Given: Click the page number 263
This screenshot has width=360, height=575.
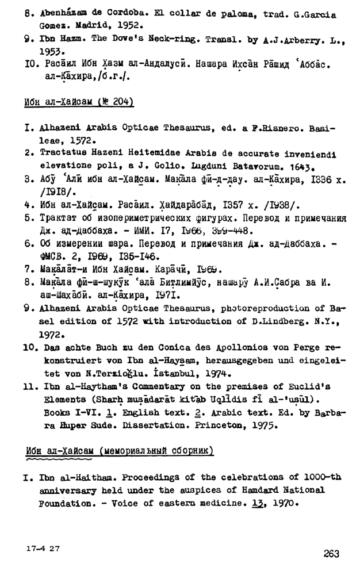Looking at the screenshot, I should click(x=331, y=554).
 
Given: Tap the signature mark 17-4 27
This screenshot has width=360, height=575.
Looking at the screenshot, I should click(x=44, y=549).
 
